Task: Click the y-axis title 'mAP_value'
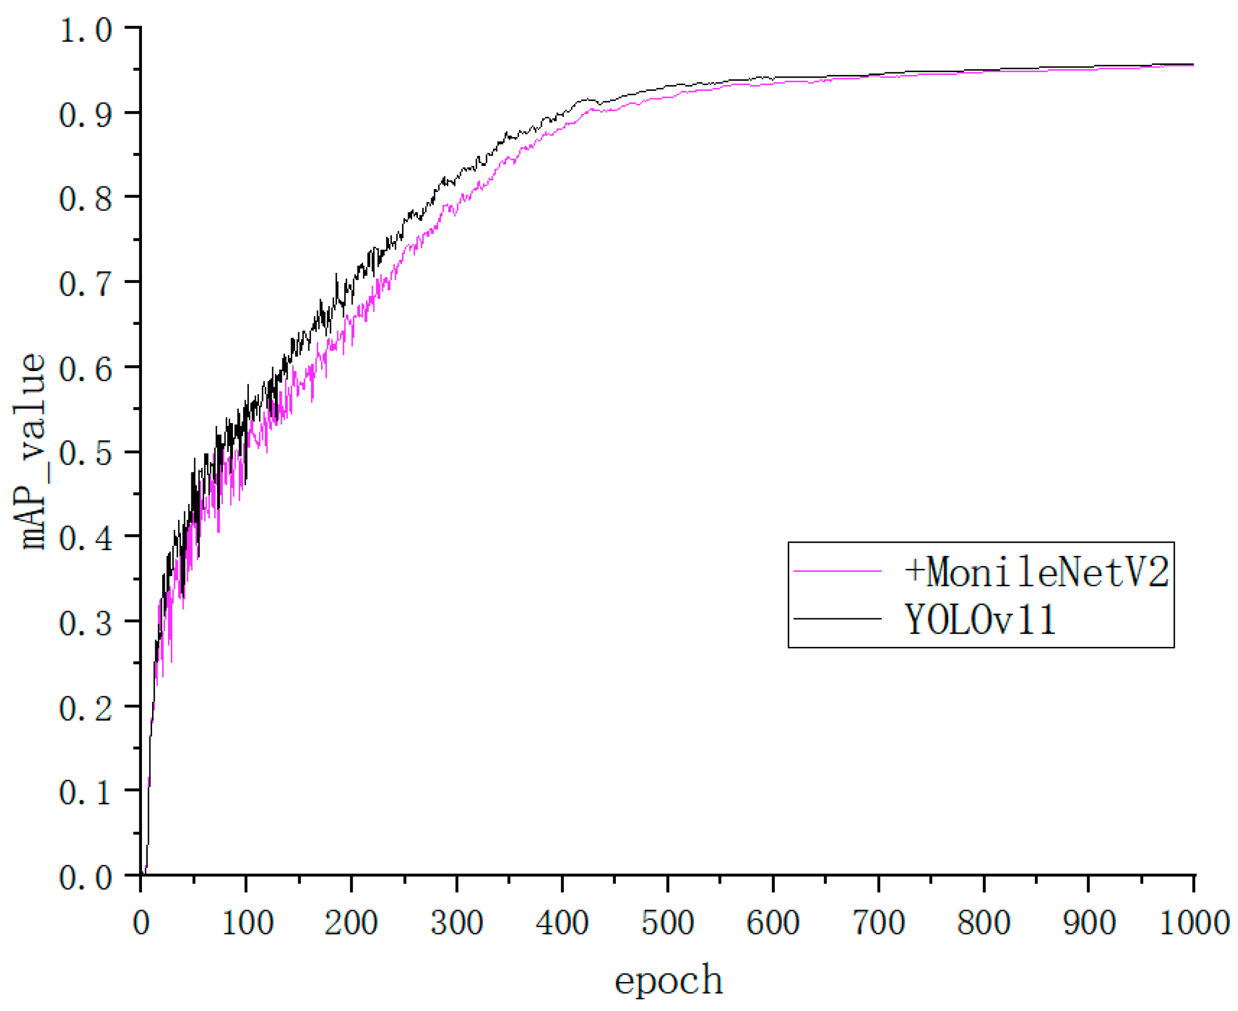click(x=30, y=451)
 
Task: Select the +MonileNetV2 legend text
click(x=1037, y=571)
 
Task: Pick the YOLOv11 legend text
click(x=980, y=619)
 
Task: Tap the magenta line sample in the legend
click(x=838, y=571)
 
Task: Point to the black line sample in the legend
click(x=838, y=619)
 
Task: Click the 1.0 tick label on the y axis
click(x=85, y=29)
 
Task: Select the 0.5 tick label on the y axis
click(x=85, y=452)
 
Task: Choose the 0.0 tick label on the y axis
click(x=85, y=877)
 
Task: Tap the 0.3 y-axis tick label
click(x=85, y=622)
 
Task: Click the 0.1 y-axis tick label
click(x=85, y=792)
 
